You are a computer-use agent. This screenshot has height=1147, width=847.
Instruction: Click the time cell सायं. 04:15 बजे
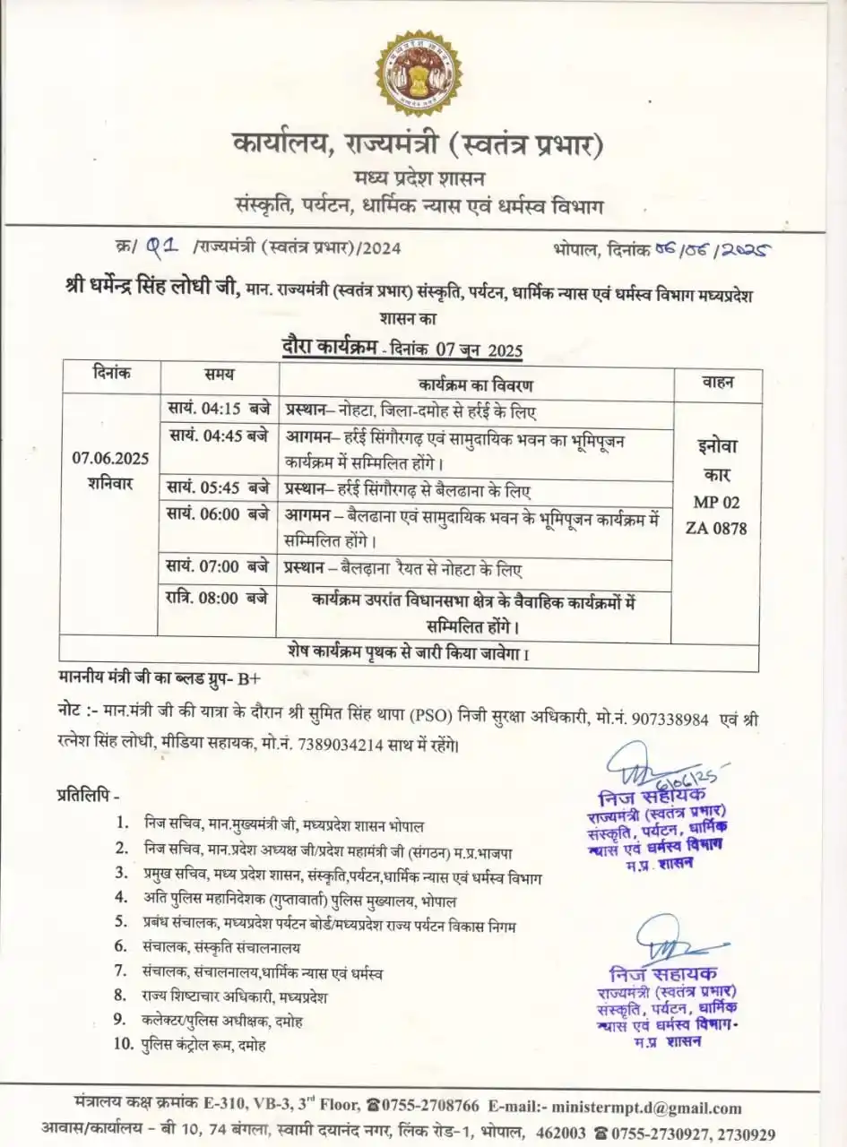coord(218,410)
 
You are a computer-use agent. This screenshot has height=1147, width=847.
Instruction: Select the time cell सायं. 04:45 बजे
coord(218,436)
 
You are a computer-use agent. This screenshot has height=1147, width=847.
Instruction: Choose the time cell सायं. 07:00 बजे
coord(218,567)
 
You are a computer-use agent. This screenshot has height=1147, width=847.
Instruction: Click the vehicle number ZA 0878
coord(717,528)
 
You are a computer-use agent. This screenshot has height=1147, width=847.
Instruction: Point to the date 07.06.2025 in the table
coord(111,458)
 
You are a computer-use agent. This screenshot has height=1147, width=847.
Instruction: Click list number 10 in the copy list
coord(123,1043)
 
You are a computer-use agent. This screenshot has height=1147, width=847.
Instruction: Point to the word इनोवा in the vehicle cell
coord(717,446)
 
